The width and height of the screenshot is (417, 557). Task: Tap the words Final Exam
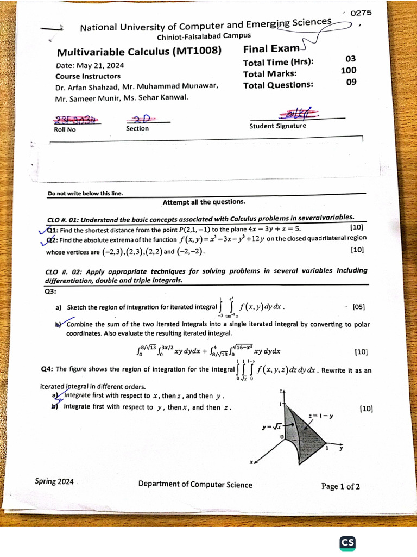[x=271, y=49]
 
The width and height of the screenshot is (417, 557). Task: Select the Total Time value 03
[x=351, y=59]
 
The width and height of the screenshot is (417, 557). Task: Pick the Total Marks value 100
[x=349, y=71]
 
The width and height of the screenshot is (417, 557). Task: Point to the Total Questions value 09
[x=351, y=83]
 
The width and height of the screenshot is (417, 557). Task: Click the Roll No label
[x=65, y=129]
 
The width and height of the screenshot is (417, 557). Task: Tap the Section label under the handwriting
[x=137, y=128]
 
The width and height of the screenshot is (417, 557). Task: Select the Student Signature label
[x=277, y=126]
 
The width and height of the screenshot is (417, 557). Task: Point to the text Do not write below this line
[x=85, y=193]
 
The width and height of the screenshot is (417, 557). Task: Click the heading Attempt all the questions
[x=204, y=202]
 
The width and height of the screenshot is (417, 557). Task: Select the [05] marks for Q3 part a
[x=358, y=306]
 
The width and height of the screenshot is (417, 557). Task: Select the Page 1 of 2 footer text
[x=340, y=486]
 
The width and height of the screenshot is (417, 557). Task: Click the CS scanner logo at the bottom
[x=347, y=543]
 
